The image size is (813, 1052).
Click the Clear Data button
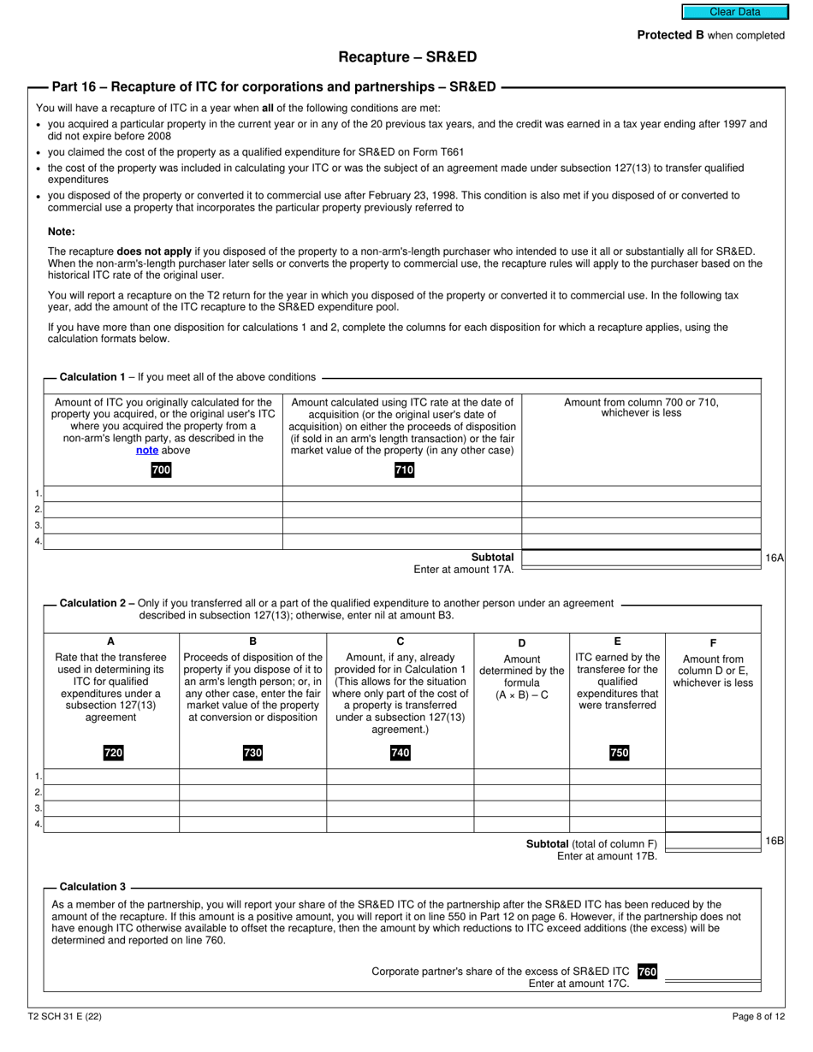tap(733, 12)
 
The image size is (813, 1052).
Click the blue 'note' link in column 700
tap(147, 450)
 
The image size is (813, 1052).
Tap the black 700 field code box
tap(161, 470)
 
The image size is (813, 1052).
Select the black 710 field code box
tap(404, 470)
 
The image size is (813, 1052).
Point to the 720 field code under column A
tap(113, 753)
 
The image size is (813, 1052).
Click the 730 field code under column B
tap(252, 753)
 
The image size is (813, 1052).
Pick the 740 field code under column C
tap(400, 753)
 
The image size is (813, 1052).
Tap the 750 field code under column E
tap(618, 753)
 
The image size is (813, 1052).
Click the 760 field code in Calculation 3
tap(647, 972)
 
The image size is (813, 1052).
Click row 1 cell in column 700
tap(163, 493)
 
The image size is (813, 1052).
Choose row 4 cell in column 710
tap(402, 541)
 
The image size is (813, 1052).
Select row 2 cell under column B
tap(252, 793)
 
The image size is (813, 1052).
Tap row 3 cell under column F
tap(713, 808)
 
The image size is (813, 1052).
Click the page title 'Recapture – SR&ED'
tap(407, 57)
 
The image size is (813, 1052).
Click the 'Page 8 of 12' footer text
tap(758, 1017)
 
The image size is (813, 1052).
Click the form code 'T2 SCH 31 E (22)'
tap(64, 1017)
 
